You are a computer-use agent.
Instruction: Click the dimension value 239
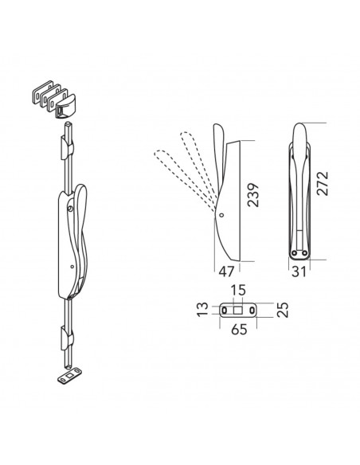[x=253, y=195]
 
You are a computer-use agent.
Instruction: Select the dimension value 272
[x=323, y=183]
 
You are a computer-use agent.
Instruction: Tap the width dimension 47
[x=226, y=272]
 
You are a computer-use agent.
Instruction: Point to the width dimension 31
[x=299, y=272]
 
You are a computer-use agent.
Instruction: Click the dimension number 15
[x=238, y=290]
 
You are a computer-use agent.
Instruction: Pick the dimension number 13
[x=203, y=310]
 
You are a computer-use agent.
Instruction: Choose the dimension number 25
[x=283, y=310]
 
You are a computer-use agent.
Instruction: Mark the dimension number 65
[x=239, y=329]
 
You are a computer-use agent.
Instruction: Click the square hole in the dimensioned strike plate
[x=238, y=311]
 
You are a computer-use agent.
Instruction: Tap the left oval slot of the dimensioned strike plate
[x=225, y=311]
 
